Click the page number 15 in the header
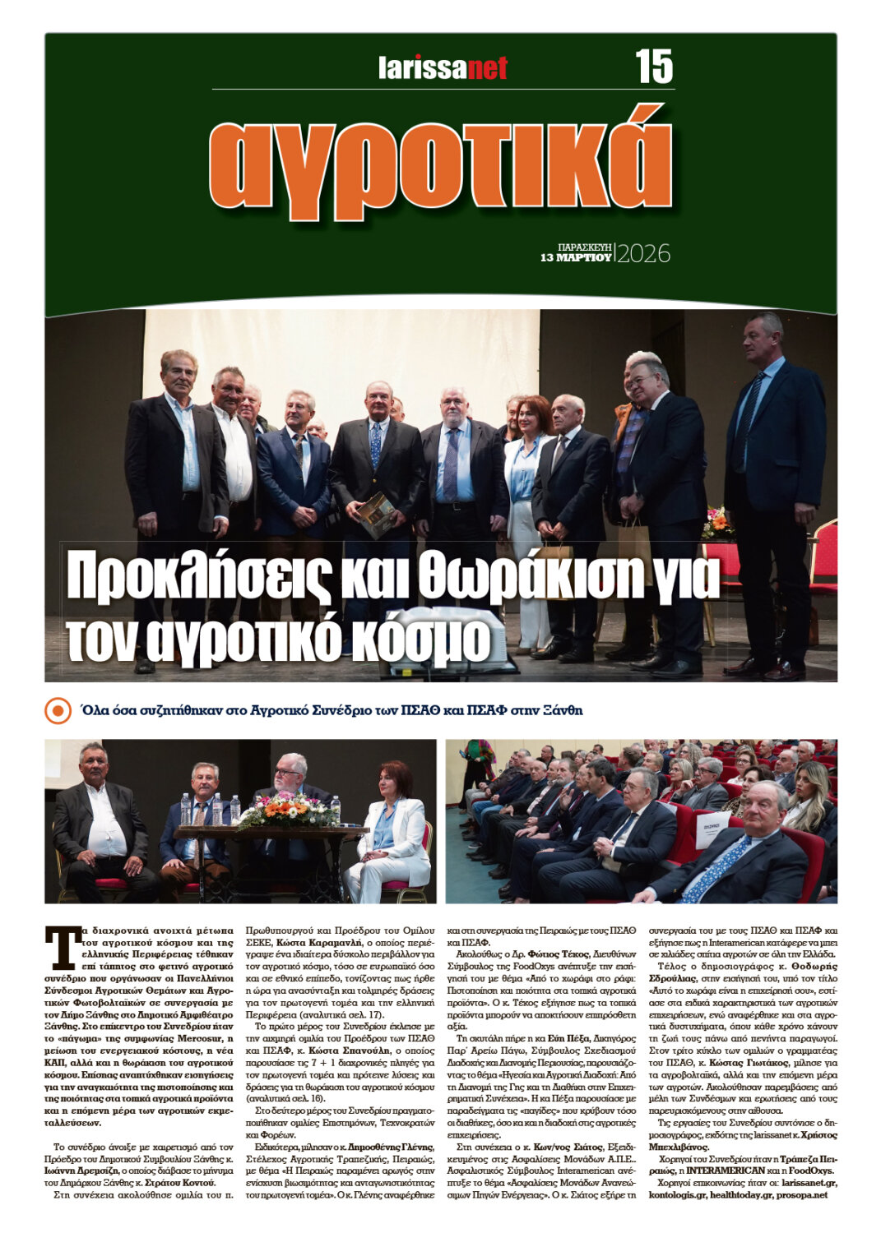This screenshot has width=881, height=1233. (x=654, y=66)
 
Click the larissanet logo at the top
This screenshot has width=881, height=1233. (x=443, y=67)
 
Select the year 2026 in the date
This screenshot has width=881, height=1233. (x=643, y=254)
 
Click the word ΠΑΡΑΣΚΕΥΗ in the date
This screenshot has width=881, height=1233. (x=584, y=246)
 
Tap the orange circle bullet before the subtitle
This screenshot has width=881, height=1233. (x=58, y=710)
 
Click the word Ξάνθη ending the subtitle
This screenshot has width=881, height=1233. (x=563, y=710)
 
